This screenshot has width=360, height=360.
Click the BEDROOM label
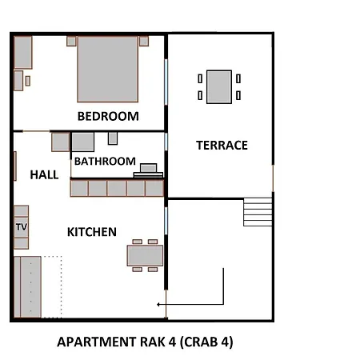pyautogui.click(x=108, y=116)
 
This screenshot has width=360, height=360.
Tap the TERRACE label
pyautogui.click(x=222, y=146)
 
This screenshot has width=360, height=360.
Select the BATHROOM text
pyautogui.click(x=105, y=162)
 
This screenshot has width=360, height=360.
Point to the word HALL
pyautogui.click(x=44, y=175)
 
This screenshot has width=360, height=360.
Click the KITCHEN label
pyautogui.click(x=92, y=232)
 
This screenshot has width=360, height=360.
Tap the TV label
pyautogui.click(x=22, y=227)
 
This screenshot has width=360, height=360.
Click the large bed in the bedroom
pyautogui.click(x=108, y=69)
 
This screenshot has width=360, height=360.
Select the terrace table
pyautogui.click(x=219, y=87)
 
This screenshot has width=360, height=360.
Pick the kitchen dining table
pyautogui.click(x=145, y=256)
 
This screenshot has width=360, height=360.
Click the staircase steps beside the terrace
pyautogui.click(x=258, y=212)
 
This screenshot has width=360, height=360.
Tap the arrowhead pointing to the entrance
pyautogui.click(x=158, y=304)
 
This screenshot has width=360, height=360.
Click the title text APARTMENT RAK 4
pyautogui.click(x=117, y=342)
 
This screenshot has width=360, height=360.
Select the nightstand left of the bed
pyautogui.click(x=71, y=41)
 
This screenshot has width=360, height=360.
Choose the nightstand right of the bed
pyautogui.click(x=144, y=41)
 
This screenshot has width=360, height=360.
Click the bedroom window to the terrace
pyautogui.click(x=166, y=82)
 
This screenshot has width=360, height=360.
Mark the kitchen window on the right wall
pyautogui.click(x=166, y=221)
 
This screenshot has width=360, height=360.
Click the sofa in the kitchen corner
pyautogui.click(x=27, y=287)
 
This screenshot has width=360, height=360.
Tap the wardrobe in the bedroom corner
pyautogui.click(x=23, y=53)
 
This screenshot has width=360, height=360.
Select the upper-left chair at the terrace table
pyautogui.click(x=200, y=78)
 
